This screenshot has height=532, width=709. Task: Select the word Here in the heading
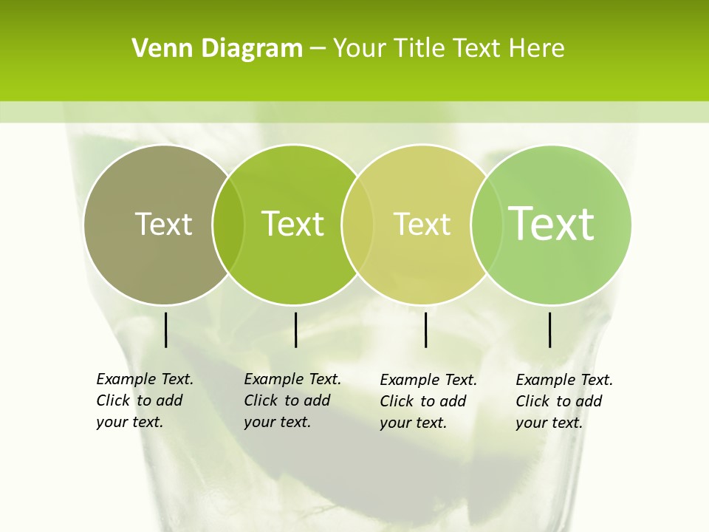[537, 49]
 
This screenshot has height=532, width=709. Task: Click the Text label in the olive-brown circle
[163, 224]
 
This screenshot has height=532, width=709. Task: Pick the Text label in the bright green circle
[292, 224]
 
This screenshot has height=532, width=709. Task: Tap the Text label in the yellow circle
[422, 224]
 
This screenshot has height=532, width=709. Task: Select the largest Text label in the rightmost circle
[551, 224]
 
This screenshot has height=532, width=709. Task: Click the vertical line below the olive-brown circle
[165, 330]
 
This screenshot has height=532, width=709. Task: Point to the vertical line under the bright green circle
[295, 330]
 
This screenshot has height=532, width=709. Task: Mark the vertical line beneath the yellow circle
[425, 330]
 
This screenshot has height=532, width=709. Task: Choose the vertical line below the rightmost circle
[549, 330]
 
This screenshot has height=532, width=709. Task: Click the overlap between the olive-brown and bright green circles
[228, 224]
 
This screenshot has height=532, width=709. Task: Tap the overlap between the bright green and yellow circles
[357, 224]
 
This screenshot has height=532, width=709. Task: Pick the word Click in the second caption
[261, 400]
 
